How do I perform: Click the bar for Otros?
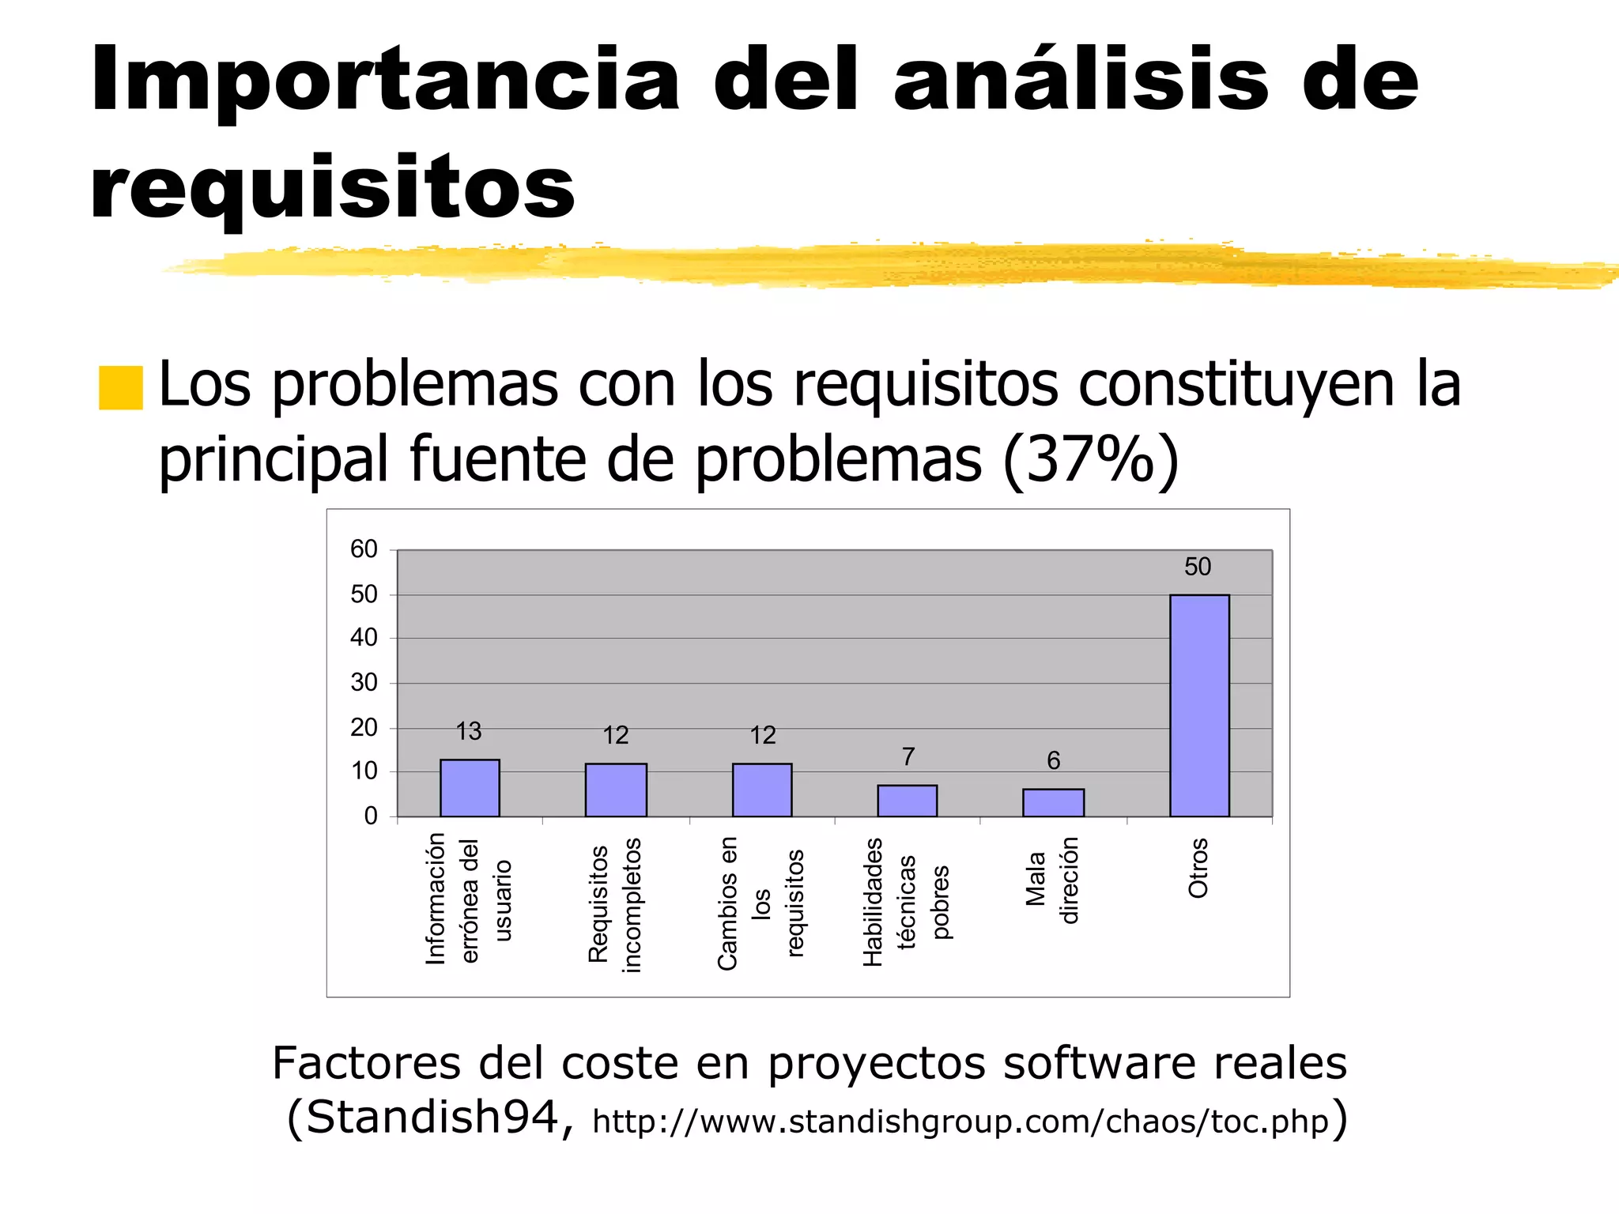coord(1199,705)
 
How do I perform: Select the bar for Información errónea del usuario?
coord(470,788)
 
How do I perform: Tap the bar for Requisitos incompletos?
coord(616,790)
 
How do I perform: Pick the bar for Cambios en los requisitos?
coord(762,790)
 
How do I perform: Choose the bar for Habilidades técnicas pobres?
coord(908,801)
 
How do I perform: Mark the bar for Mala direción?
coord(1053,802)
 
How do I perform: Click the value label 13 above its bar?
coord(469,731)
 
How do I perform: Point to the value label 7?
coord(908,757)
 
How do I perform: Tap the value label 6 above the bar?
coord(1054,760)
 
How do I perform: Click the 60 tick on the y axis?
coord(364,549)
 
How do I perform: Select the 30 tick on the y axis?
coord(364,682)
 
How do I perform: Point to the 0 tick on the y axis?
coord(371,816)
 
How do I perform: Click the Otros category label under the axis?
coord(1198,868)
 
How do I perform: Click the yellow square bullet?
coord(121,387)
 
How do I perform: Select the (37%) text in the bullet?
coord(1090,459)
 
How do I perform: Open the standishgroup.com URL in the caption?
coord(960,1122)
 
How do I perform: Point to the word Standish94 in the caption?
coord(432,1118)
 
